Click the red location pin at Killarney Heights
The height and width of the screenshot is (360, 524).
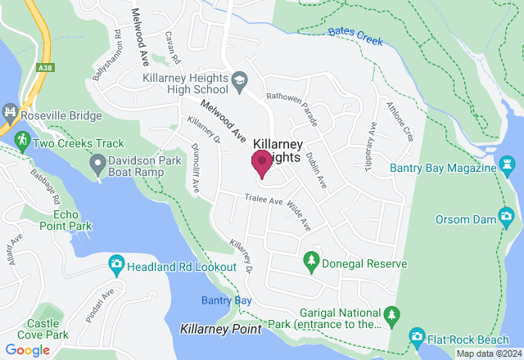pyautogui.click(x=262, y=162)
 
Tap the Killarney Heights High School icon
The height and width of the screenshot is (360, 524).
pyautogui.click(x=239, y=79)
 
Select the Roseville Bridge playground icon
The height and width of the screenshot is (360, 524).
pyautogui.click(x=10, y=111)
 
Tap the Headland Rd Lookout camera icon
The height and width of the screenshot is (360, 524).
pyautogui.click(x=116, y=264)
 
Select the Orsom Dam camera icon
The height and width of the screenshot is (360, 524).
pyautogui.click(x=507, y=216)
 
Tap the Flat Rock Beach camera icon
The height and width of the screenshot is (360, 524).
pyautogui.click(x=417, y=337)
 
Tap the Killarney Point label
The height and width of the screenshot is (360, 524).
pyautogui.click(x=220, y=329)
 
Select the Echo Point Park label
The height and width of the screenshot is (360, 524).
pyautogui.click(x=66, y=219)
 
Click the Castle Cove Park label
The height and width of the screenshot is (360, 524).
pyautogui.click(x=47, y=329)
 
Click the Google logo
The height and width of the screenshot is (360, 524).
pyautogui.click(x=27, y=350)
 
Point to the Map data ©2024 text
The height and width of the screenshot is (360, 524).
pyautogui.click(x=488, y=353)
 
